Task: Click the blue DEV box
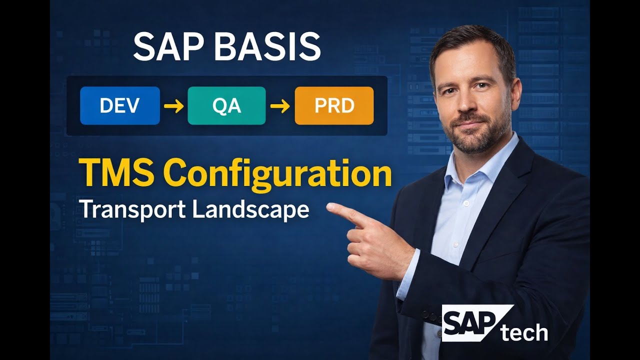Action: [x=120, y=105]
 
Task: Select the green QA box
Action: [x=226, y=105]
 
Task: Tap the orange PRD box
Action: [x=334, y=105]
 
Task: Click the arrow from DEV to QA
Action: [x=173, y=106]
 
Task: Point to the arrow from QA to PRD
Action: [x=280, y=106]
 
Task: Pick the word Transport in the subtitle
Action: [x=132, y=209]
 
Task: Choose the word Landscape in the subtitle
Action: [x=250, y=209]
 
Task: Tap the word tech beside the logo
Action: [x=524, y=332]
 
